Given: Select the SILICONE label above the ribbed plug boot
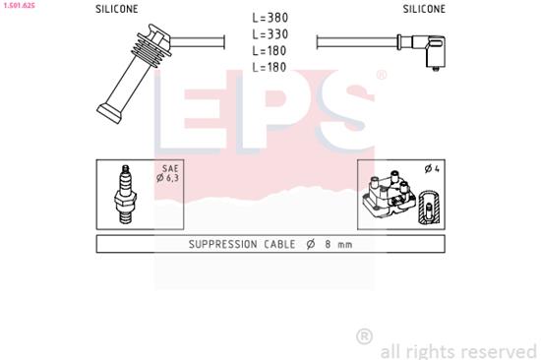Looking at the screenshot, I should click(x=116, y=9).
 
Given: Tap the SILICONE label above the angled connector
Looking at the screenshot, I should click(x=424, y=9).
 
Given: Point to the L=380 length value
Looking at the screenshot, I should click(x=270, y=18).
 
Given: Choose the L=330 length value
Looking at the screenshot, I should click(x=270, y=34).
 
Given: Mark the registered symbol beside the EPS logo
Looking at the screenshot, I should click(x=382, y=75).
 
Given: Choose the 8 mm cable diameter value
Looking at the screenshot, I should click(x=335, y=244).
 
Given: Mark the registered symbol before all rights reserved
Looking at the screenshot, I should click(x=364, y=336).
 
